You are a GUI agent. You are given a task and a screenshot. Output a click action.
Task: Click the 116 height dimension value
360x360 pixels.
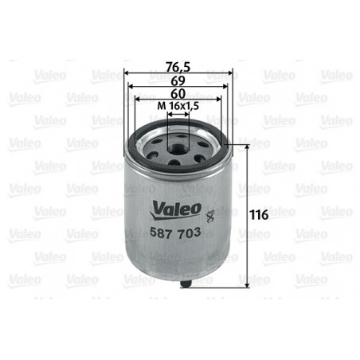tap(260, 215)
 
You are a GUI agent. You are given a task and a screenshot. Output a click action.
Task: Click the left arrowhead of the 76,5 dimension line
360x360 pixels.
tap(129, 74)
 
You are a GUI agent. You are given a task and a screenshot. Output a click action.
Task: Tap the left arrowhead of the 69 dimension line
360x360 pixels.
tap(132, 88)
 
